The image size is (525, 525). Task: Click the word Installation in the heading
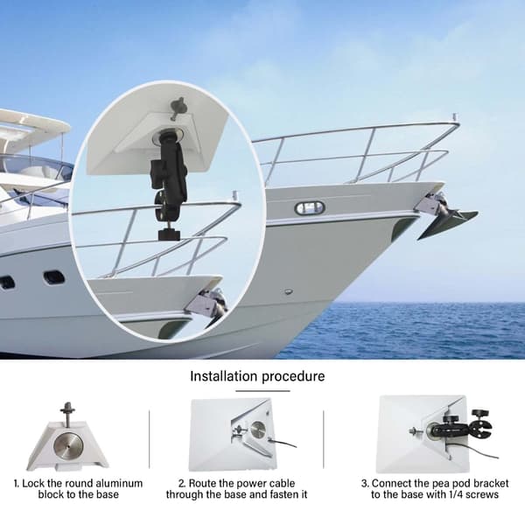pos(224,376)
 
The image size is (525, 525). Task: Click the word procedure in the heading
pos(293,377)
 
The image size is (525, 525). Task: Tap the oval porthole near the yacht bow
pos(310,208)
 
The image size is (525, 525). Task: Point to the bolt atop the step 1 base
pos(67,414)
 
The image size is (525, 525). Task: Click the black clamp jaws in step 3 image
pos(480,429)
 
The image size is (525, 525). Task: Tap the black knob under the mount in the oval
pos(169,234)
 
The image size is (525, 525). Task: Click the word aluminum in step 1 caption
pos(119,484)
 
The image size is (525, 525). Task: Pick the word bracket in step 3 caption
pos(490,484)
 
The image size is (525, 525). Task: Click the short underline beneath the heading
pos(262,391)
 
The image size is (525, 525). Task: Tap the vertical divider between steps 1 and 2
pos(149,439)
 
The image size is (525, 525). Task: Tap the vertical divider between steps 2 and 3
pos(324,439)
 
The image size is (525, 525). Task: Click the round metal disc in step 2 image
pos(258,430)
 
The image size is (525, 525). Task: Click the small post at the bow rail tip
pos(454,117)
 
